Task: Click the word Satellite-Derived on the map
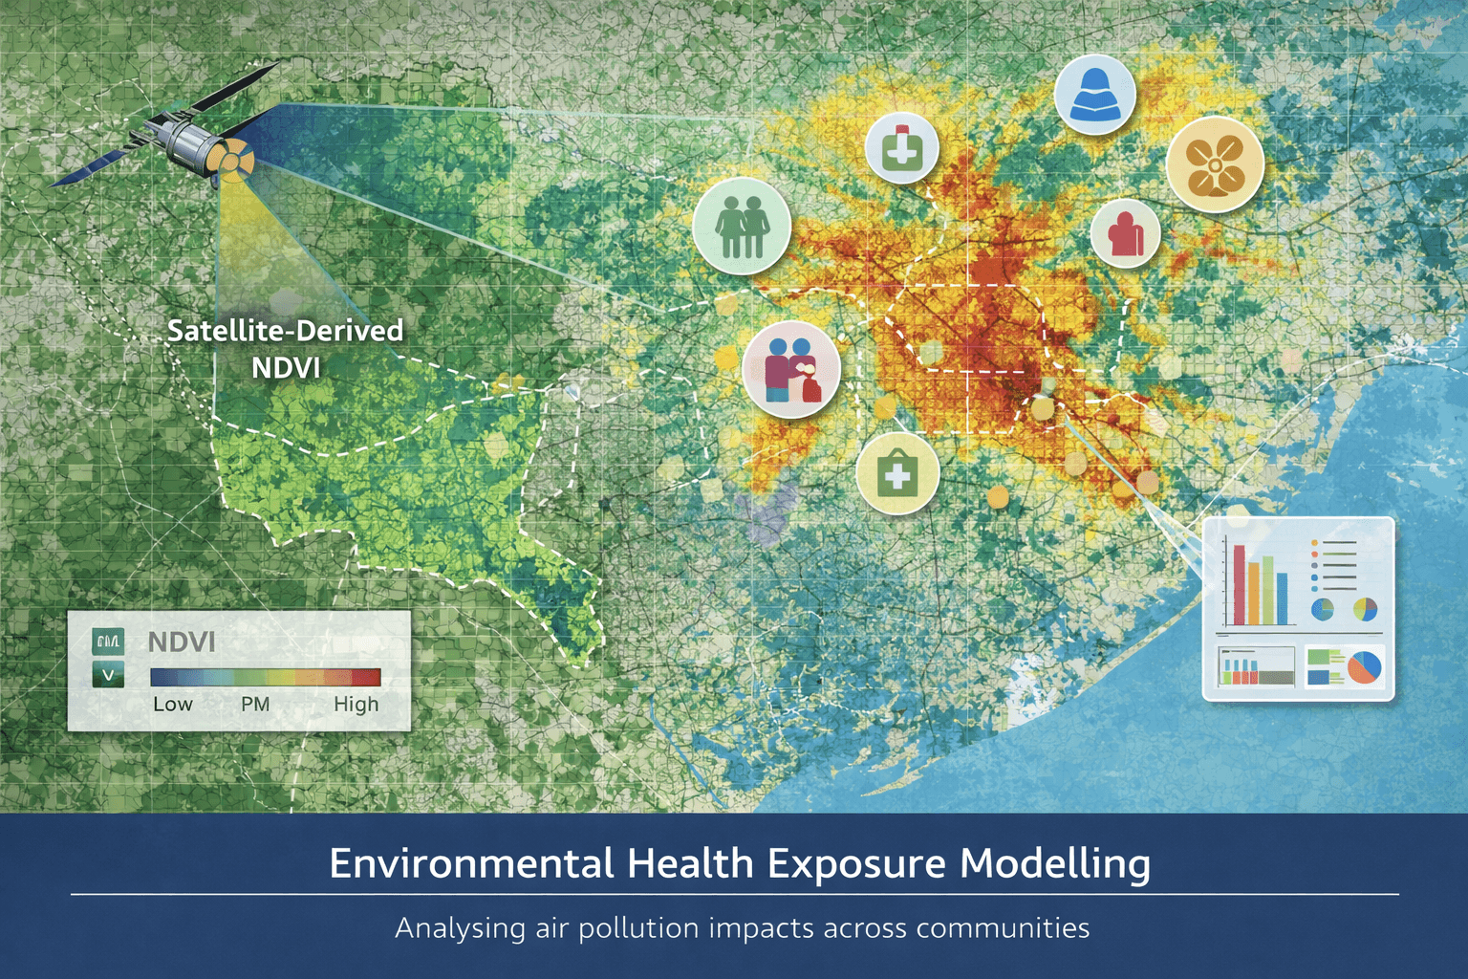[285, 331]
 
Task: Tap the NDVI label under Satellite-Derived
[285, 367]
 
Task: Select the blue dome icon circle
[1094, 96]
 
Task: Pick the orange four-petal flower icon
[1215, 164]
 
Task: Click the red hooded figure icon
[1125, 233]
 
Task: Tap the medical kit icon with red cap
[901, 148]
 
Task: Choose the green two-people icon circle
[742, 227]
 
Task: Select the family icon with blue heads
[790, 368]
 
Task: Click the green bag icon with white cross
[897, 473]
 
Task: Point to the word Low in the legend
[173, 704]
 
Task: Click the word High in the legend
[356, 704]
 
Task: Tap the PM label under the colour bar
[255, 704]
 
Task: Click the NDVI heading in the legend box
[182, 642]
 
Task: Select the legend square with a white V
[108, 675]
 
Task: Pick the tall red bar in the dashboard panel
[1239, 584]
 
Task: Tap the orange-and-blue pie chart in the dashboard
[1364, 666]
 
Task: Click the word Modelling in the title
[1055, 863]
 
